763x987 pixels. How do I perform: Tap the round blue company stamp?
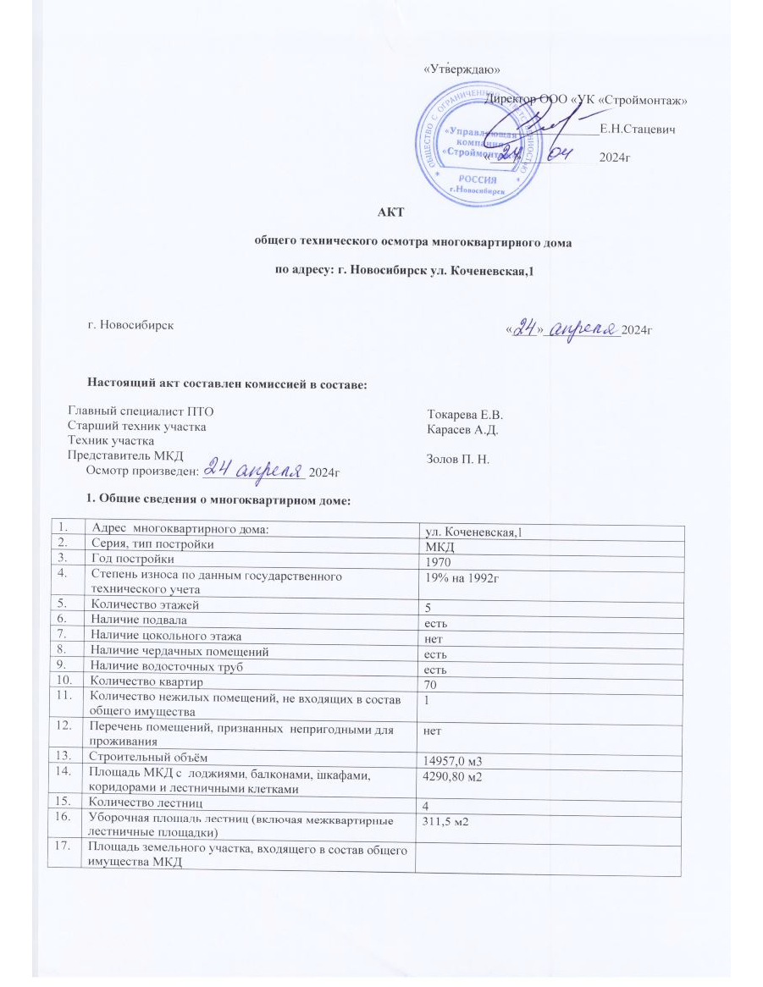click(x=479, y=149)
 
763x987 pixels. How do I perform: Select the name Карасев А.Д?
click(x=462, y=430)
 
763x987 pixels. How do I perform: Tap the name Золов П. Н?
click(x=461, y=459)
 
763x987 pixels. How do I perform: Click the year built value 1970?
click(x=440, y=562)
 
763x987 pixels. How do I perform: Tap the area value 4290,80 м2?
click(x=458, y=777)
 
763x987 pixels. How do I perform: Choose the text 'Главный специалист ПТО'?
click(x=135, y=411)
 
